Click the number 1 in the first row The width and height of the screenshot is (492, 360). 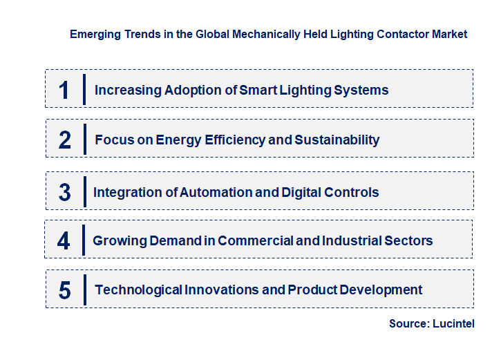[64, 90]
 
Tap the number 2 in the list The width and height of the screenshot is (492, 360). [65, 140]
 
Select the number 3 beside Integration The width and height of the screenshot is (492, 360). [64, 193]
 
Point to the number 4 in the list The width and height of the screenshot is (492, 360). [64, 241]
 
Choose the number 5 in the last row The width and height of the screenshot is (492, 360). [65, 290]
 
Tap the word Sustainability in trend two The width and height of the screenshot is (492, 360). [337, 140]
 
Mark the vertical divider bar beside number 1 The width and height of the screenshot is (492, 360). [84, 90]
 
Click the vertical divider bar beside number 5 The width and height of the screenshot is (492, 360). [84, 290]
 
